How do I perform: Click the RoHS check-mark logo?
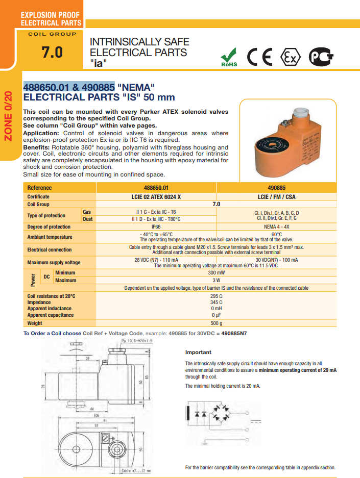click(229, 57)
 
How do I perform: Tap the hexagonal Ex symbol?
click(291, 58)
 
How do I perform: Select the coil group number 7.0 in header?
click(52, 52)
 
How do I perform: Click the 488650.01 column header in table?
click(156, 188)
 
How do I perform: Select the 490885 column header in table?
click(276, 188)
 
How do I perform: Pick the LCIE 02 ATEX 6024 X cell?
click(156, 196)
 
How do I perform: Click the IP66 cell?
click(156, 227)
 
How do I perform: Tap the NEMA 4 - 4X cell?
click(276, 227)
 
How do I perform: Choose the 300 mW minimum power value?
click(216, 273)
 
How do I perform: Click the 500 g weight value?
click(216, 323)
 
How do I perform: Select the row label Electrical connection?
click(50, 250)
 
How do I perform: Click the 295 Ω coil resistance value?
click(216, 296)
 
